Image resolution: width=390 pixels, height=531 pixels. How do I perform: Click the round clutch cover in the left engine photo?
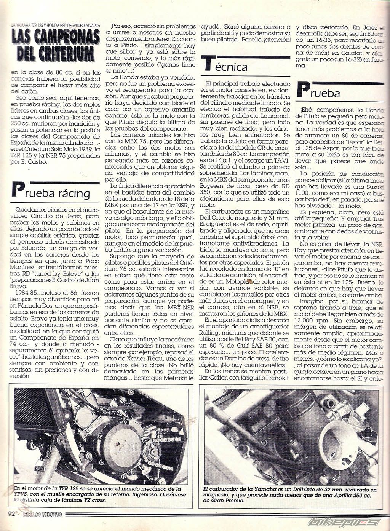tap(122, 442)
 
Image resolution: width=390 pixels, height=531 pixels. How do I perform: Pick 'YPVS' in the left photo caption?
tap(21, 495)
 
